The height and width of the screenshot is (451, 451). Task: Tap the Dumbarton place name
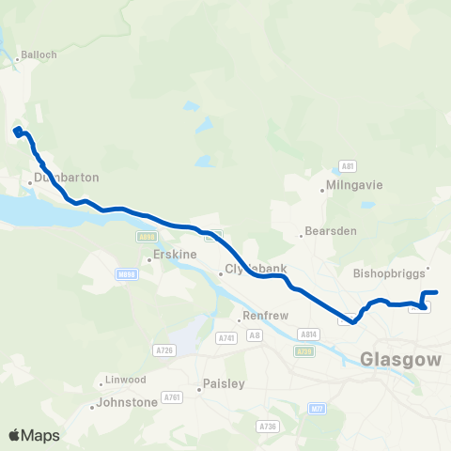point(66,177)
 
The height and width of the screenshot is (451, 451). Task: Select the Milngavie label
point(350,185)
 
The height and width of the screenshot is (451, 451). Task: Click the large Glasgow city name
point(399,359)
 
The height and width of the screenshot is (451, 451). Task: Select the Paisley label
point(224,383)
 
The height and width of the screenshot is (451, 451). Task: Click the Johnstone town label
point(127,402)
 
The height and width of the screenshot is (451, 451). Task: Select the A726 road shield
point(164,350)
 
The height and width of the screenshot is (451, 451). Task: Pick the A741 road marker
point(226,337)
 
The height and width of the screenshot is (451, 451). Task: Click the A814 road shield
point(307,334)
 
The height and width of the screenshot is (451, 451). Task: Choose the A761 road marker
point(172,397)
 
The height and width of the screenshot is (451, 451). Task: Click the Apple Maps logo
point(34,435)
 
